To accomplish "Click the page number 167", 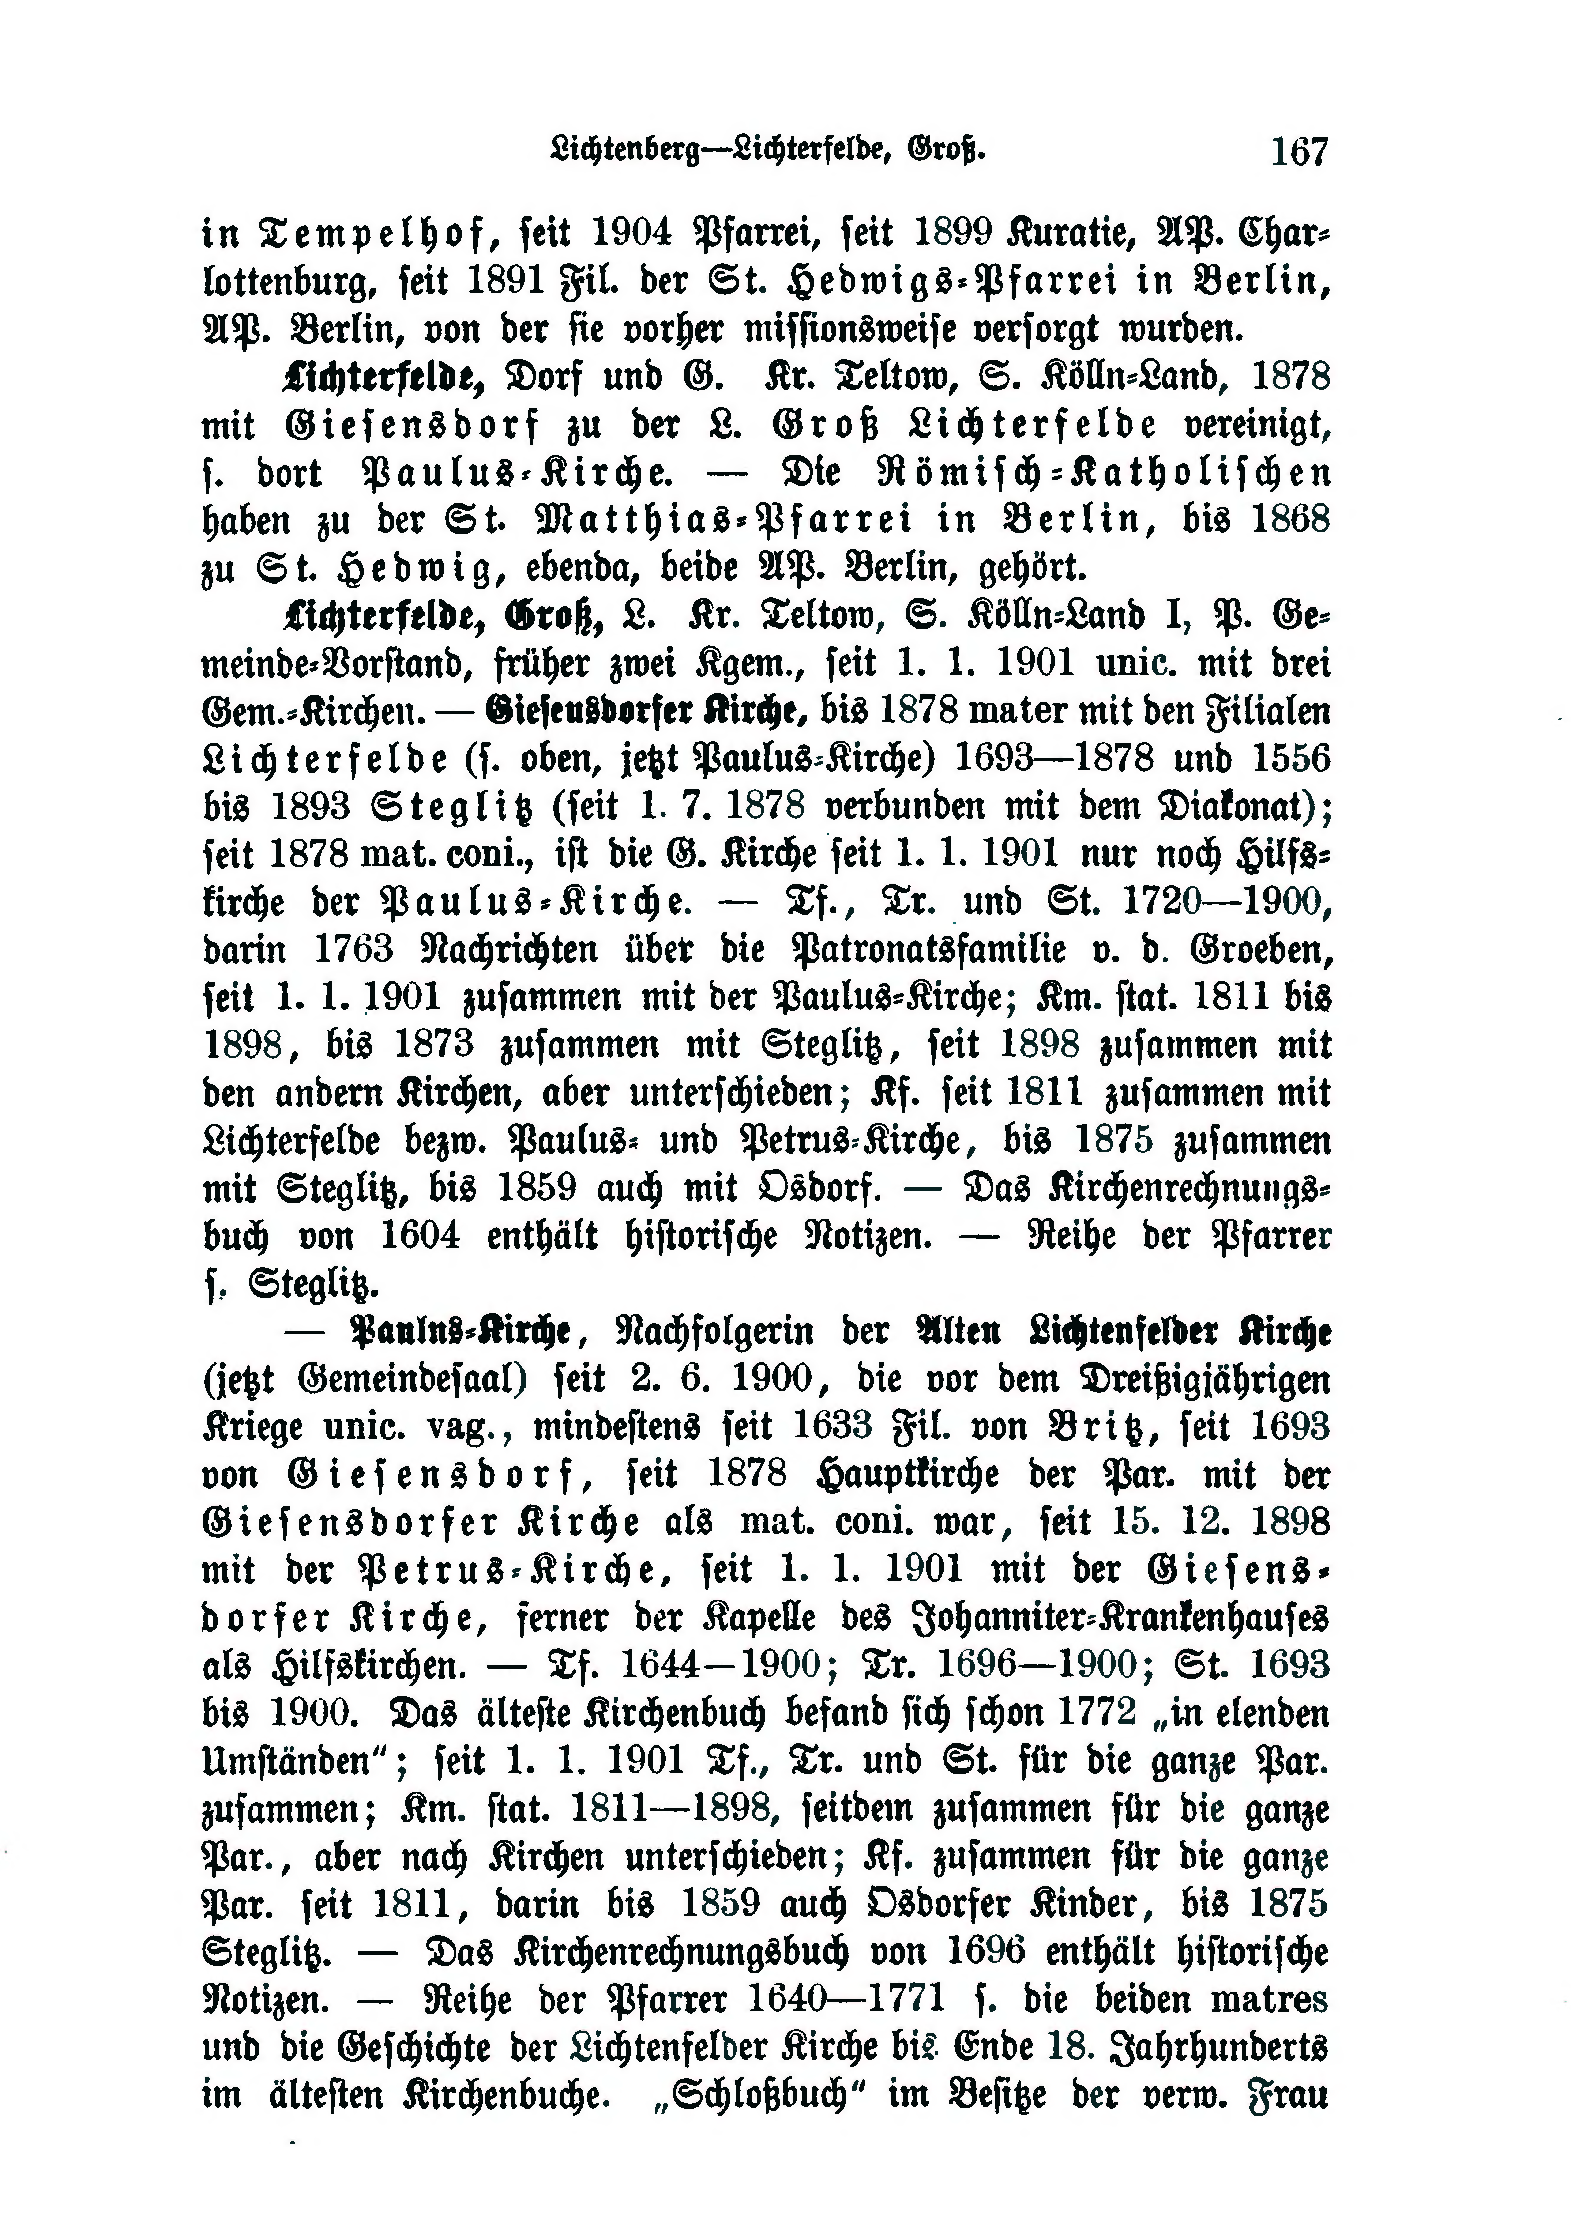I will pyautogui.click(x=1300, y=152).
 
